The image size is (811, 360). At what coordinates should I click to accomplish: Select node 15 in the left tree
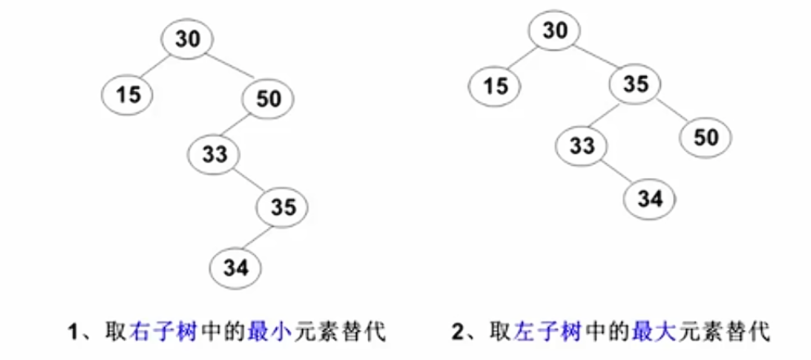click(128, 95)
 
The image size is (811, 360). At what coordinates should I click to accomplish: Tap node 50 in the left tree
click(269, 99)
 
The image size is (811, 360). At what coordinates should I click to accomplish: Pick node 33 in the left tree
click(214, 154)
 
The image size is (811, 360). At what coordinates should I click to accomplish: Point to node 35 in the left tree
click(283, 208)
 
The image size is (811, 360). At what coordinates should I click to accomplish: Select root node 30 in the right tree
click(555, 31)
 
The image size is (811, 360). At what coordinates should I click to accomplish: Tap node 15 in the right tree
click(496, 85)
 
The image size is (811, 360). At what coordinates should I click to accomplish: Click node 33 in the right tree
click(582, 146)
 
